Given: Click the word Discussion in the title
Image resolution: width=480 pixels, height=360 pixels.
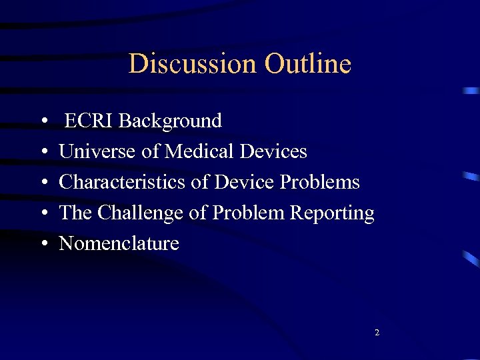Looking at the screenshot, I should click(193, 64).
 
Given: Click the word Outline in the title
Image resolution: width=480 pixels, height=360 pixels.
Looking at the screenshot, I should click(307, 64).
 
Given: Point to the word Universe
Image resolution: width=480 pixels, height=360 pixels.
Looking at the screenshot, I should click(98, 151).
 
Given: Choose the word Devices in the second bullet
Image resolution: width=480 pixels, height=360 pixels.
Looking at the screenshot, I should click(273, 151).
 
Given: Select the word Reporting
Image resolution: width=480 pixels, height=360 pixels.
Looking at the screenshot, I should click(338, 213).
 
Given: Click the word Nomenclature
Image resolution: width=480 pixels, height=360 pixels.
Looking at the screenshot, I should click(119, 243).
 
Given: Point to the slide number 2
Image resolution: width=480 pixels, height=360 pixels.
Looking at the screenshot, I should click(377, 332).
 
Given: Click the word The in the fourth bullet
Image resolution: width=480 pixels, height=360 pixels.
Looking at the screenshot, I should click(75, 213).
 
